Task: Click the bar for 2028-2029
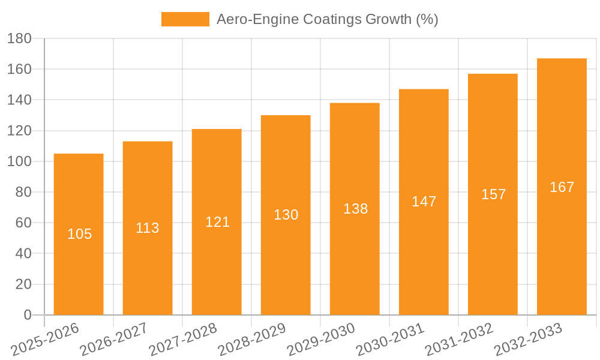(286, 252)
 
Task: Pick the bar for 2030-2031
(424, 252)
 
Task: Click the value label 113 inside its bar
(148, 228)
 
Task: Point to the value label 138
(355, 209)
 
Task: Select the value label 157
(493, 194)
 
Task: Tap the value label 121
(217, 222)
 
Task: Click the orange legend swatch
(185, 19)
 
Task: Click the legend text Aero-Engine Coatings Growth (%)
(327, 19)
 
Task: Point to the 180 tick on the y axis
(19, 38)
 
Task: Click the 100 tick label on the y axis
(19, 161)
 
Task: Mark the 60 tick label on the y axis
(23, 223)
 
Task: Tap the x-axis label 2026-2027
(114, 339)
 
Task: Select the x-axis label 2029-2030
(321, 339)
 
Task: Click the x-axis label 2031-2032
(459, 339)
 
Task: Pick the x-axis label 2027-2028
(183, 339)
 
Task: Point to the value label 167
(562, 187)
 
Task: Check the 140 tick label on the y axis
(19, 100)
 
